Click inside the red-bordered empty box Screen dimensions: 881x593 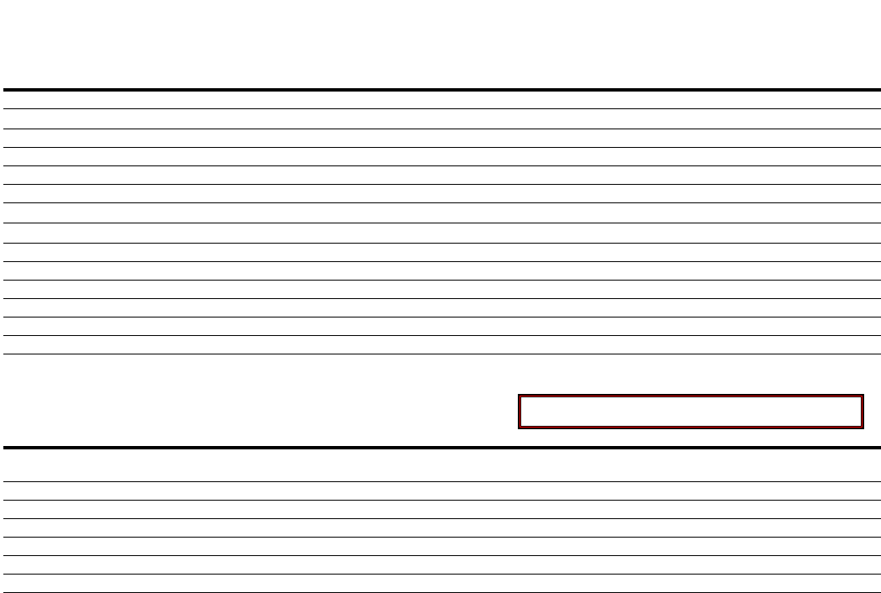click(690, 412)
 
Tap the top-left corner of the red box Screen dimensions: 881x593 click(519, 396)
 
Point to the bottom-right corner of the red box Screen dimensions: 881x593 click(863, 428)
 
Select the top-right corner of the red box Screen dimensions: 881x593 click(863, 396)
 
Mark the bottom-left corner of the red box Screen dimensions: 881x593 click(519, 428)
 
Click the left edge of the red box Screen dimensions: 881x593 click(519, 412)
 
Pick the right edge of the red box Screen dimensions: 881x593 click(863, 412)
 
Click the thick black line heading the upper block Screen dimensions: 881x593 click(440, 89)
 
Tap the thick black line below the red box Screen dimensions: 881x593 click(440, 447)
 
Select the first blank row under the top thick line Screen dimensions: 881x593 click(440, 99)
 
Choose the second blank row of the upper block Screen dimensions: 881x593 click(440, 118)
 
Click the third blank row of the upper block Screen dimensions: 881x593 click(440, 138)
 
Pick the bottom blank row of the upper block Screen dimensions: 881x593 click(440, 344)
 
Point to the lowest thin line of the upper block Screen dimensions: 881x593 click(440, 354)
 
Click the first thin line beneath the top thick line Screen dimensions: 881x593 click(440, 108)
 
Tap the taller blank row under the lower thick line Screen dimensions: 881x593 click(440, 464)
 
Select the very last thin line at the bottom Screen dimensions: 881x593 click(440, 592)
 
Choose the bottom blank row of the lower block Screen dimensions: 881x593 click(440, 584)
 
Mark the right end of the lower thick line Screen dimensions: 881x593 click(878, 447)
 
